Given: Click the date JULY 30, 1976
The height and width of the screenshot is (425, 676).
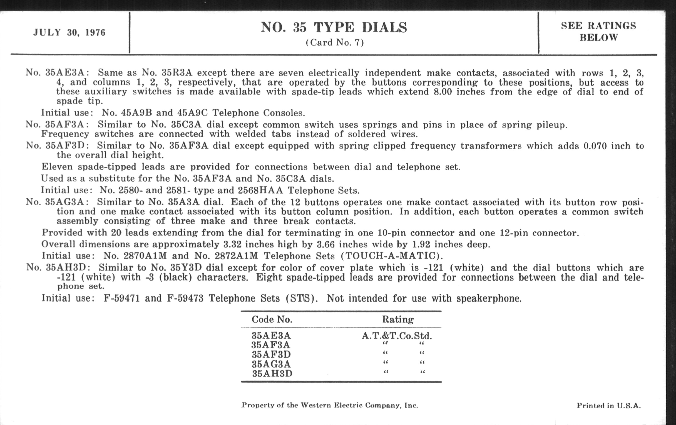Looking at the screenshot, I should coord(69,32).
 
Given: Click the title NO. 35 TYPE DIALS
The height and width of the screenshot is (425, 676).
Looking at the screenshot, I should coord(334,27).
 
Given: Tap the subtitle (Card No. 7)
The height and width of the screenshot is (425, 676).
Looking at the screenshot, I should coord(335,42).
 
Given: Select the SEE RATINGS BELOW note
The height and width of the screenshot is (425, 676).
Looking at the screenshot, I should coord(598,31).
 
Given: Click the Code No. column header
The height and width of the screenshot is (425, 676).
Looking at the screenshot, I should coord(272,319).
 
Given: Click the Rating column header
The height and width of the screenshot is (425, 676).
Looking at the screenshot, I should coord(397,319).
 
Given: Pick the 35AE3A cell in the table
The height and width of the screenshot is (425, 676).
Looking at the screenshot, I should coord(271,336).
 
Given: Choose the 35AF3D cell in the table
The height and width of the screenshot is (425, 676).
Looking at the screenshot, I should coord(271,354).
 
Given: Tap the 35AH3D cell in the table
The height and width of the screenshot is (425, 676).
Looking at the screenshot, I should coord(272,373).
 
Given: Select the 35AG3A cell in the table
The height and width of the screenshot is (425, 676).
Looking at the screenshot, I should coord(271,364).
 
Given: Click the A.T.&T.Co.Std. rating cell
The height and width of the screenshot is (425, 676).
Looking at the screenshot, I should coord(397,336).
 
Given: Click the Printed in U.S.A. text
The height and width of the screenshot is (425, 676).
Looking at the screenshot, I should coord(609,406).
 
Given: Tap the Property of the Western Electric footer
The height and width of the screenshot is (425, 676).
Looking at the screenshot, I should coord(330,405).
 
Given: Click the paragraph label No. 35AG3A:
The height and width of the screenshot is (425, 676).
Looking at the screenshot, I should coord(57,202).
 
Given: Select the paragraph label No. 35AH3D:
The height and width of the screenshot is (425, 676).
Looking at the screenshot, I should coord(58,267).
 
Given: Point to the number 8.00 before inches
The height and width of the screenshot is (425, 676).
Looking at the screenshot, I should coord(443,92).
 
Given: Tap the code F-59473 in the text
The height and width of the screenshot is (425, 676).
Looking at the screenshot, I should coord(185,298).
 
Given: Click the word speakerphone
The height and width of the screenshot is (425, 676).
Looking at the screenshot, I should coord(488,299).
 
